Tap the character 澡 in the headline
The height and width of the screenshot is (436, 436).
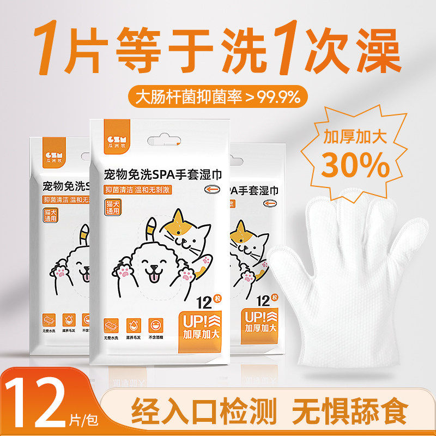pyautogui.click(x=368, y=51)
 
